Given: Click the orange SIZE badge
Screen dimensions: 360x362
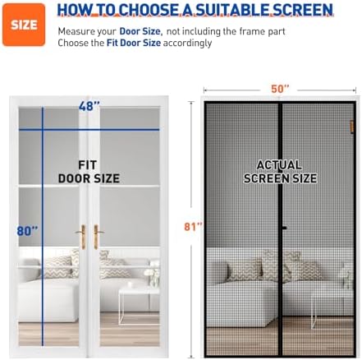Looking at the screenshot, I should pos(24,25).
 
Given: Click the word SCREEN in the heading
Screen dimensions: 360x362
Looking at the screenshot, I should pos(294,11).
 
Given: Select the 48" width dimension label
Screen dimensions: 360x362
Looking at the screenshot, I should pos(89,106).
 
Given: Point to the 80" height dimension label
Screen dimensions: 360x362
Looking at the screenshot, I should pos(27,231).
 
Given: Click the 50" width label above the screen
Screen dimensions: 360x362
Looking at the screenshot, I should pos(282,89).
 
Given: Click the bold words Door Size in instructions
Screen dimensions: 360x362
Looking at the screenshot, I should pos(139,30).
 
